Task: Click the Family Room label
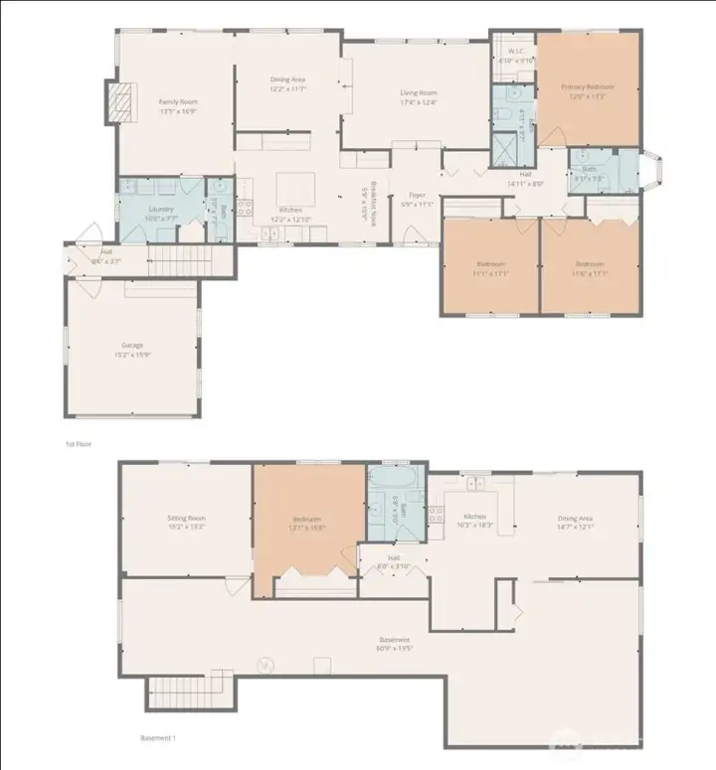click(x=180, y=104)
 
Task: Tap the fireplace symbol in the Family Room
click(x=121, y=101)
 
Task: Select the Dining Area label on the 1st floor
click(x=287, y=83)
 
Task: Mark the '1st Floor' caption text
click(x=79, y=444)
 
